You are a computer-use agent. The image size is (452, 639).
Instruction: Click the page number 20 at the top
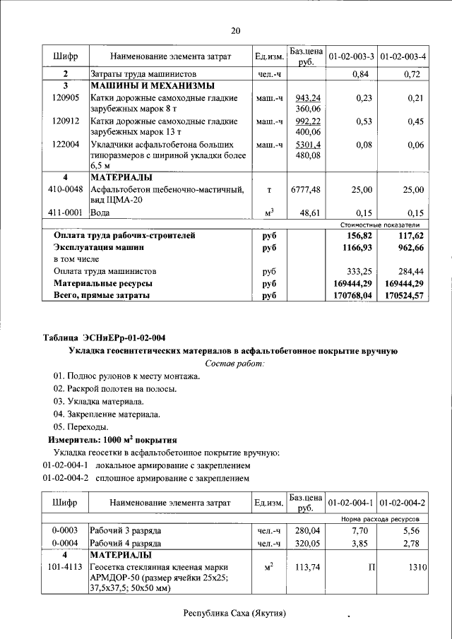pyautogui.click(x=235, y=30)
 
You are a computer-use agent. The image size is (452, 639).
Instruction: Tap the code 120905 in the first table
pyautogui.click(x=66, y=97)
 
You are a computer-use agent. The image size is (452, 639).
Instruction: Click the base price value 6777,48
pyautogui.click(x=305, y=189)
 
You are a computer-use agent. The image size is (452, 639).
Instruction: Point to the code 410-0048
pyautogui.click(x=66, y=189)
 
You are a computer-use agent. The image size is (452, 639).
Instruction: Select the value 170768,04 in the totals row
pyautogui.click(x=352, y=296)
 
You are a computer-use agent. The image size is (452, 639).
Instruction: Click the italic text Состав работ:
pyautogui.click(x=234, y=363)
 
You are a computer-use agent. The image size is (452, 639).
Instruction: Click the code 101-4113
pyautogui.click(x=66, y=567)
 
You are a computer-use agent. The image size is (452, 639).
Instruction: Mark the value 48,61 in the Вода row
pyautogui.click(x=308, y=213)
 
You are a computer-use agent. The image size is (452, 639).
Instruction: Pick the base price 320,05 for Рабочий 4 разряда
pyautogui.click(x=307, y=543)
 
